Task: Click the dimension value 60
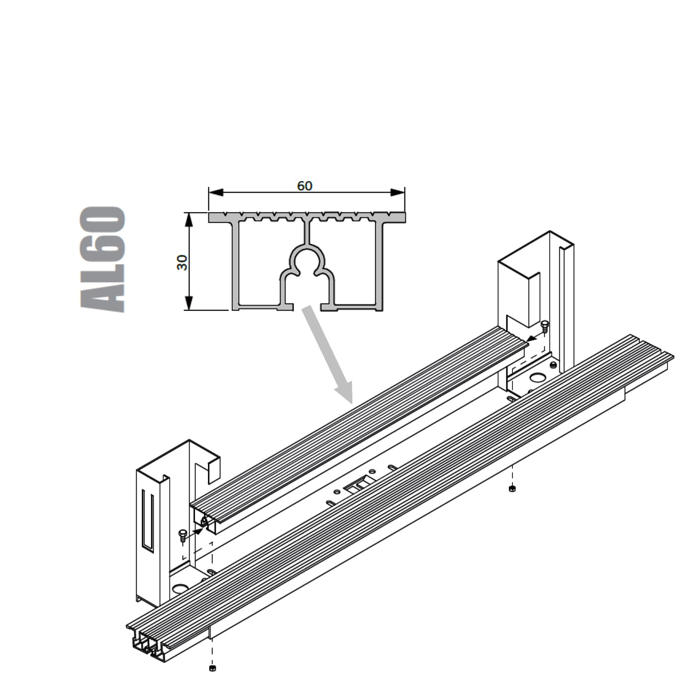[305, 186]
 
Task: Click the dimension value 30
[183, 262]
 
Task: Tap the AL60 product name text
[103, 259]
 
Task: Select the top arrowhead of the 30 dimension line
[188, 220]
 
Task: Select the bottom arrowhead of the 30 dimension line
[188, 303]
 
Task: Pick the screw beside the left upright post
[183, 534]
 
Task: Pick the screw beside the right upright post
[545, 326]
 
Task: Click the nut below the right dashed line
[512, 489]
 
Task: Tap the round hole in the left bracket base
[180, 588]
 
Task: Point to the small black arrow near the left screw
[196, 531]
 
